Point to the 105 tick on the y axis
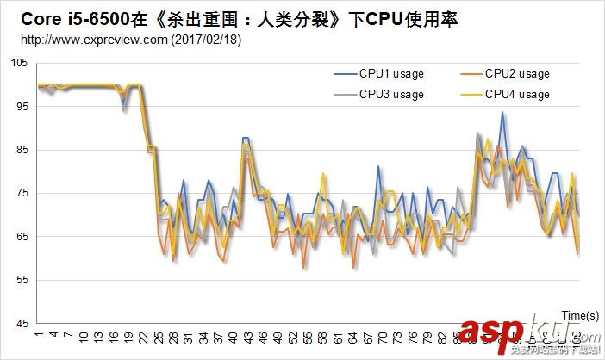19,63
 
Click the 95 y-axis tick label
22,107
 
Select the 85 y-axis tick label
22,150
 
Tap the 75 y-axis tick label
22,194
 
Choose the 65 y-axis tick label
22,237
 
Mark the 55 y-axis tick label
22,281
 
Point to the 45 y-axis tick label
22,324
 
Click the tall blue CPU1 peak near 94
502,113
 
